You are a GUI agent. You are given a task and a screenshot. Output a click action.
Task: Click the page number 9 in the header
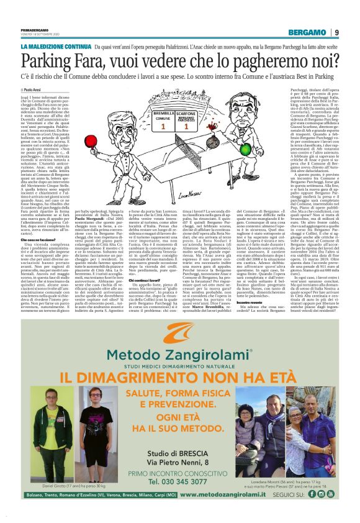tap(336, 32)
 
